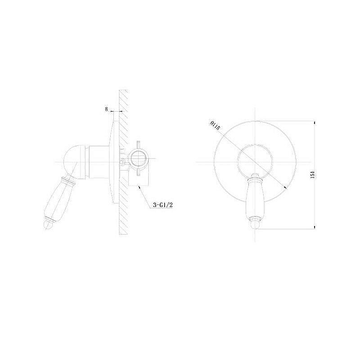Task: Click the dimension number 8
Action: coord(106,109)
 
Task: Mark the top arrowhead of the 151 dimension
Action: coord(314,122)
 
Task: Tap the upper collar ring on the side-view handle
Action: coord(67,181)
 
